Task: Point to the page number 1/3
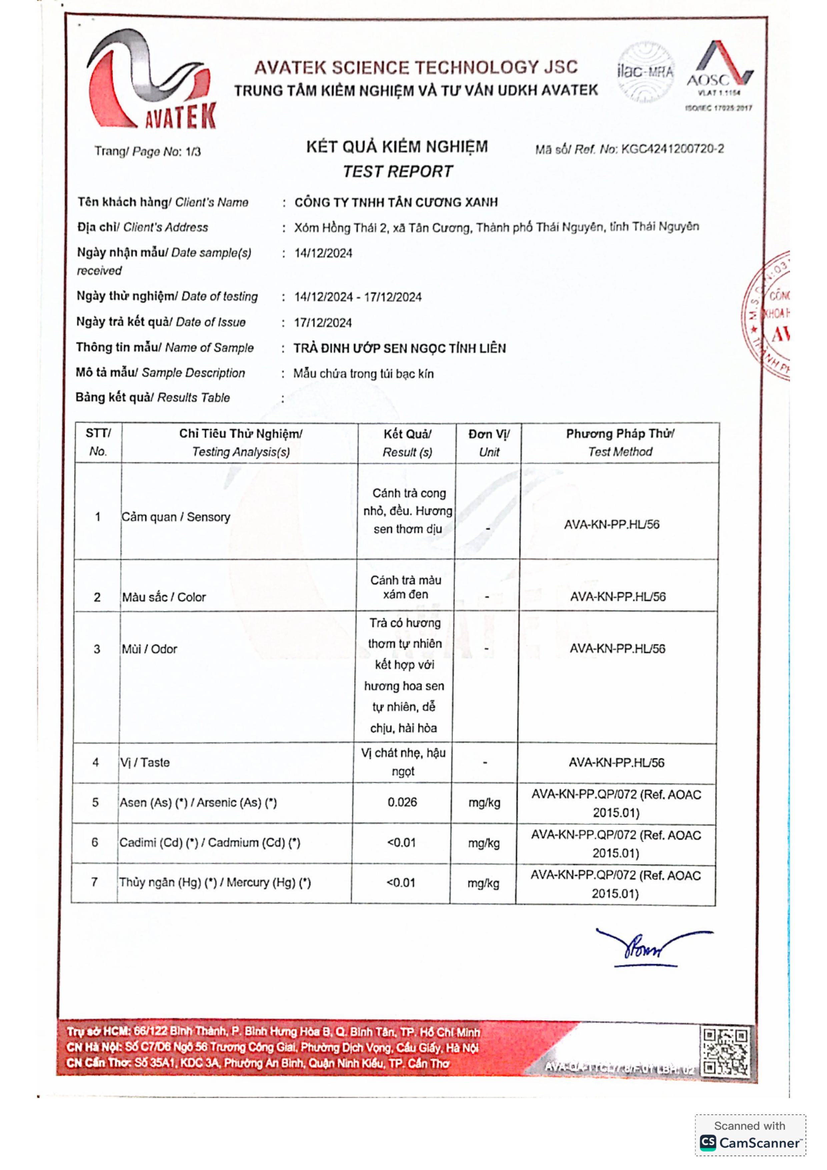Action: [193, 151]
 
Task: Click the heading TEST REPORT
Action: [397, 172]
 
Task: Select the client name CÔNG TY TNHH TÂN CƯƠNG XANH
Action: [396, 202]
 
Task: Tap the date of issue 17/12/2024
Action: [323, 322]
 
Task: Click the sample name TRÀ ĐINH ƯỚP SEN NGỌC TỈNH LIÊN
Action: [399, 348]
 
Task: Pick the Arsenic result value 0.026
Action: [402, 802]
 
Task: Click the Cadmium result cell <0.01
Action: [401, 842]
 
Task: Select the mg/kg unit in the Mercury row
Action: [483, 883]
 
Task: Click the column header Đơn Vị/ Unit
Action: [489, 442]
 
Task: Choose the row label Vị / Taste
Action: [145, 762]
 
